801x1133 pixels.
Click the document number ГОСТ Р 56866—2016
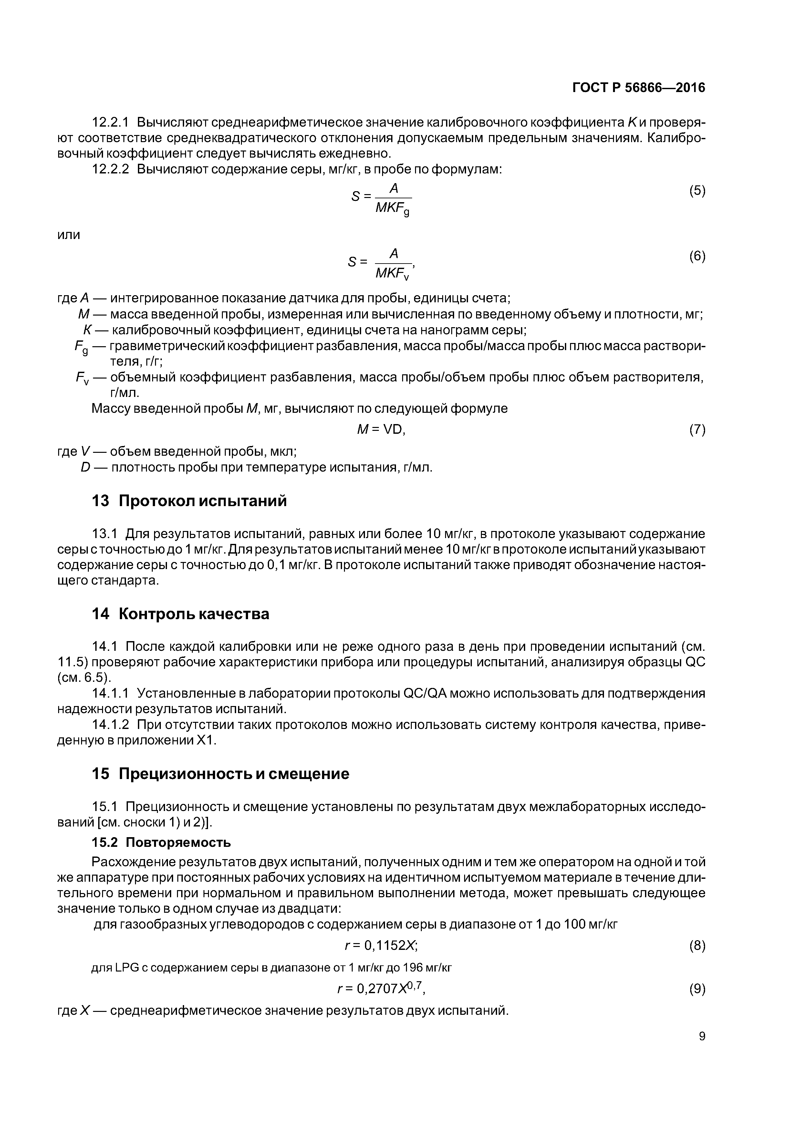click(x=639, y=88)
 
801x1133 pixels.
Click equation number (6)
click(x=697, y=256)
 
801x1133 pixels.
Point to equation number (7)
click(x=697, y=430)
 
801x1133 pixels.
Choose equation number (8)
click(x=697, y=945)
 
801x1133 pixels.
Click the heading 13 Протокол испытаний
click(x=189, y=501)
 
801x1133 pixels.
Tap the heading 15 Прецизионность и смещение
click(x=220, y=774)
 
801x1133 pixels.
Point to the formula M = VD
click(x=381, y=430)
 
